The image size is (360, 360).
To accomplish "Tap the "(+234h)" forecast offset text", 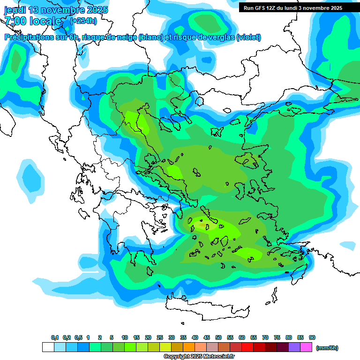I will click(83, 21).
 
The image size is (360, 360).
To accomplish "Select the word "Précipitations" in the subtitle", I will click(26, 37).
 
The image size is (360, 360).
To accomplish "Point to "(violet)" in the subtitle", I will click(249, 37).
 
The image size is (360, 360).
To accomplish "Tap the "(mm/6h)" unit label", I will click(327, 348).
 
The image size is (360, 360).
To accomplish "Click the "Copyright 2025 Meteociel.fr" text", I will click(199, 357).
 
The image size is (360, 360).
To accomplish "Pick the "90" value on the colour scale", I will click(312, 337).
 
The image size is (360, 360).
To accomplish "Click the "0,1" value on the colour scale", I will click(55, 337).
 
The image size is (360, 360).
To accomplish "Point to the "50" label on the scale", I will click(218, 337).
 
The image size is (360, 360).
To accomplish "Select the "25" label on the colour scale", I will click(160, 337).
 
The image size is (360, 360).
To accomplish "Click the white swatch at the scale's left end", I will click(48, 347).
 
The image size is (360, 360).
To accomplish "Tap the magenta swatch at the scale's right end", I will click(307, 347).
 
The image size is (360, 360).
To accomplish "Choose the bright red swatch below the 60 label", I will click(247, 347).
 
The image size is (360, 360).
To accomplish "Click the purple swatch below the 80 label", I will click(294, 347).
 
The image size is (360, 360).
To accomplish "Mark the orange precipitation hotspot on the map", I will click(202, 226).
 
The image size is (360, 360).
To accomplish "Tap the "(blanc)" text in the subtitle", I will click(151, 37).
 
